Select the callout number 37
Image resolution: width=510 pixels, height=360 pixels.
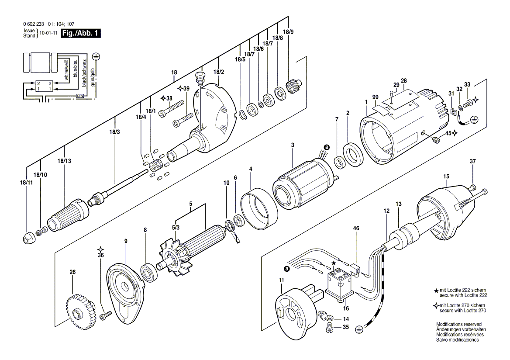[472, 162]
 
